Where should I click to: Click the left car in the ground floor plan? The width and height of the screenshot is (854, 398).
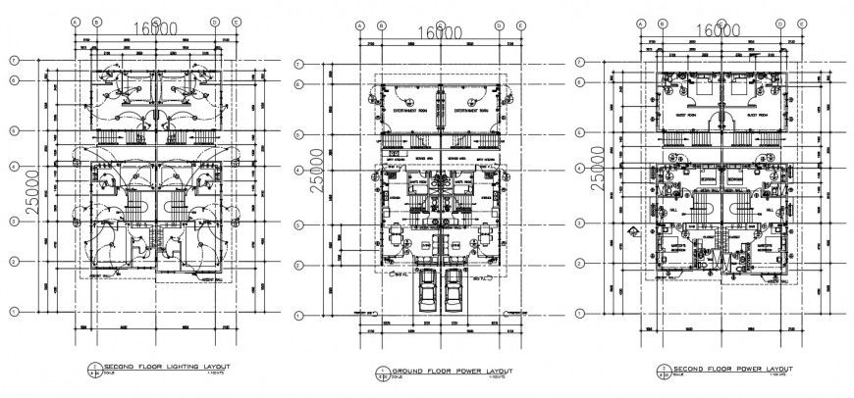[x=428, y=290]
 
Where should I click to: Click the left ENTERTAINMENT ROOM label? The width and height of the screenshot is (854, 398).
[x=406, y=111]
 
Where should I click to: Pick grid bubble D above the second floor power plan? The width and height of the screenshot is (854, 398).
[x=781, y=23]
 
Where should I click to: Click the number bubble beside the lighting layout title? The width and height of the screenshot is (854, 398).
[x=91, y=368]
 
